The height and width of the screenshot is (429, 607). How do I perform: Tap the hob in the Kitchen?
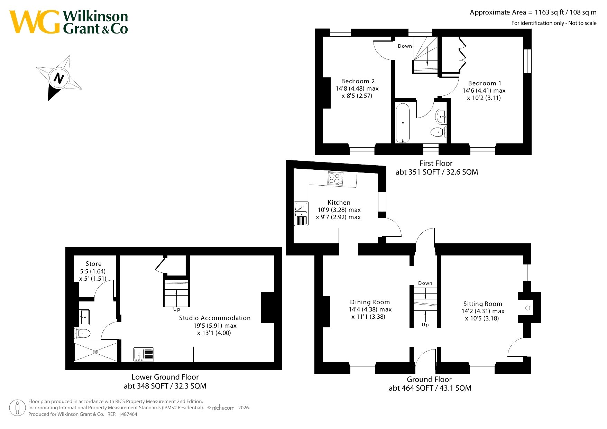point(335,178)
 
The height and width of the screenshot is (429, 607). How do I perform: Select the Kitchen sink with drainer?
point(301,214)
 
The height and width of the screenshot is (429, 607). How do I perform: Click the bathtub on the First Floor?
point(403,123)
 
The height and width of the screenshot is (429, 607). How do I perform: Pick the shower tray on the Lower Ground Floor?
point(95,352)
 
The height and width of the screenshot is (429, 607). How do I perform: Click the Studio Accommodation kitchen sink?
point(144,355)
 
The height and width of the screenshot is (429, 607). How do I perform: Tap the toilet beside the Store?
point(82,334)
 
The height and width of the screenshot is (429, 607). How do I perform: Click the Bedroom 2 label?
point(358,81)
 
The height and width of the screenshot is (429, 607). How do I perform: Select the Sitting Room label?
point(483,304)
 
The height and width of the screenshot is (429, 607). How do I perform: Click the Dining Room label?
point(370,302)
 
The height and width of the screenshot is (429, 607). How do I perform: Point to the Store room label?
point(94,264)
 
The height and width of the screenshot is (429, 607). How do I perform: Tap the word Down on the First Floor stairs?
point(405,46)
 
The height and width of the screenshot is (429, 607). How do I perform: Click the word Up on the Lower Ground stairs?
point(177,309)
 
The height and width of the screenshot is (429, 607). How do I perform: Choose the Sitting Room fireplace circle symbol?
point(528,308)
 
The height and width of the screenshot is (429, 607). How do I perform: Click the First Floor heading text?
point(436,163)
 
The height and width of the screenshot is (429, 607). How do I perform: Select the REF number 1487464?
point(128,414)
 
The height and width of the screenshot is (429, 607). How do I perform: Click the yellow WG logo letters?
point(35,22)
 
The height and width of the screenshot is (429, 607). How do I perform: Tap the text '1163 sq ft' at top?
point(549,12)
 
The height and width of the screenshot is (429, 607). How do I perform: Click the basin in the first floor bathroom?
point(441,117)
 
